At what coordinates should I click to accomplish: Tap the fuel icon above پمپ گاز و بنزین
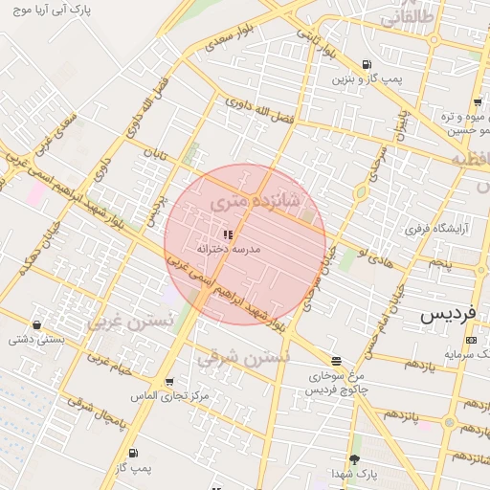pyautogui.click(x=351, y=63)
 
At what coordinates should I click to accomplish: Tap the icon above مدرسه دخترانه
pyautogui.click(x=228, y=234)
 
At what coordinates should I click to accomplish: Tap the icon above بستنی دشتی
pyautogui.click(x=36, y=323)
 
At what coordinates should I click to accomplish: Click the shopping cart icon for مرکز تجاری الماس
pyautogui.click(x=169, y=381)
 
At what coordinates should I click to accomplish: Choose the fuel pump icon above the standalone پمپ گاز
pyautogui.click(x=132, y=453)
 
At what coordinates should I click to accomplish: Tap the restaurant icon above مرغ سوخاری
pyautogui.click(x=336, y=361)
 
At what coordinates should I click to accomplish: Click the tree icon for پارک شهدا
pyautogui.click(x=354, y=459)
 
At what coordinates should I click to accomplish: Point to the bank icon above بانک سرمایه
pyautogui.click(x=470, y=340)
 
